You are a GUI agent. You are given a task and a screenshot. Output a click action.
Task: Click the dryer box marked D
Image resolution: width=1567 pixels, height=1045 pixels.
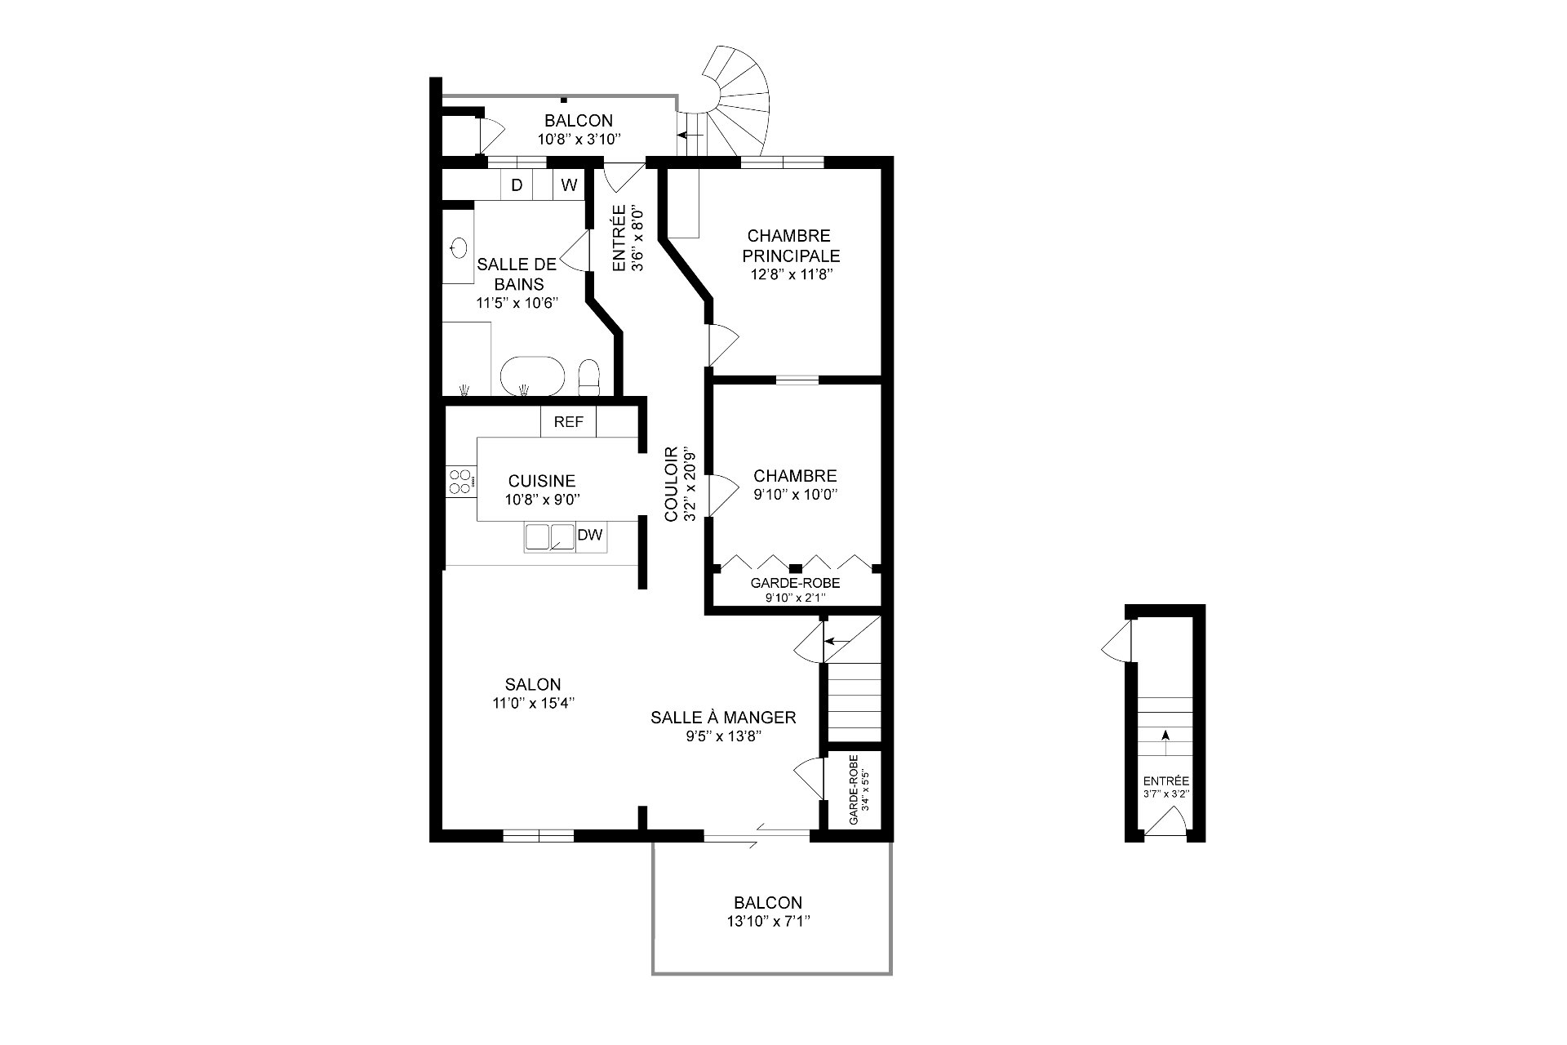[x=516, y=185]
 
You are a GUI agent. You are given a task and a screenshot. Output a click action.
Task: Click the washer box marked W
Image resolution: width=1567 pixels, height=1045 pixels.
[x=569, y=185]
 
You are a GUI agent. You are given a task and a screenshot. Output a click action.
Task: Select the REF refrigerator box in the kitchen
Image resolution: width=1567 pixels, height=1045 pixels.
[x=568, y=422]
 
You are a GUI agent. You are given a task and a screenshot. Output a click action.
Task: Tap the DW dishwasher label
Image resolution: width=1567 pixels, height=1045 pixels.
[x=589, y=536]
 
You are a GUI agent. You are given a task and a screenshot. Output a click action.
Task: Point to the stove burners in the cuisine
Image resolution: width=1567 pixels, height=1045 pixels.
[x=460, y=482]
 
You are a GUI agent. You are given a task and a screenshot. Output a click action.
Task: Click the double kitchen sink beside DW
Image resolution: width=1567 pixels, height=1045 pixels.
[x=549, y=537]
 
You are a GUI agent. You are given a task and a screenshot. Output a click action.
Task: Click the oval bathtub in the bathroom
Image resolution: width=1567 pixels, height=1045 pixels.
[x=532, y=376]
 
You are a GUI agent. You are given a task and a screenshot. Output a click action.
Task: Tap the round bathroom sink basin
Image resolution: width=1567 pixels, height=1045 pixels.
[x=459, y=247]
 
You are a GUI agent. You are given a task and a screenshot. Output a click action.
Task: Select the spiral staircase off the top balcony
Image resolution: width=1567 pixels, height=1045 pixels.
[x=737, y=102]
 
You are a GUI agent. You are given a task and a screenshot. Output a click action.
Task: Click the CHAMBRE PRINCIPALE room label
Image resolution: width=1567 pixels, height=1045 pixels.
[x=788, y=246]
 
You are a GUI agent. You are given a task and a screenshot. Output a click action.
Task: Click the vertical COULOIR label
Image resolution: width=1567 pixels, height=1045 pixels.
[x=671, y=484]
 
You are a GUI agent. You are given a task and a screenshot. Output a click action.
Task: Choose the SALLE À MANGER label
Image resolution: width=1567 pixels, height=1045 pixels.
[x=723, y=718]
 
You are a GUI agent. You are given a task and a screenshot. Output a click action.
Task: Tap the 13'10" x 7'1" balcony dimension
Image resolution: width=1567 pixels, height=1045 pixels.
[x=767, y=920]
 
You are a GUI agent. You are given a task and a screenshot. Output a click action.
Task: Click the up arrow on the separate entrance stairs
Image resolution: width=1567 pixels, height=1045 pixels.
[x=1165, y=735]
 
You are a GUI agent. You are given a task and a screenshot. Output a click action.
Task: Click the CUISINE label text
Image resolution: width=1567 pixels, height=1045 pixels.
[x=541, y=482]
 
